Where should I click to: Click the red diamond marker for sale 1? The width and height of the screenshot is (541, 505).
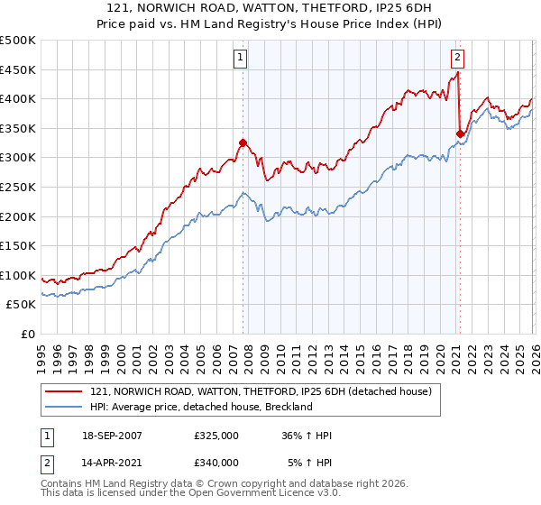coord(243,142)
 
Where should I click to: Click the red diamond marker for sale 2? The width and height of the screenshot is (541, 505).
coord(460,134)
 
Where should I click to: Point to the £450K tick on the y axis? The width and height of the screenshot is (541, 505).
coord(18,70)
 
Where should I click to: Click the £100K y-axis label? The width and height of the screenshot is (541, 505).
coord(18,276)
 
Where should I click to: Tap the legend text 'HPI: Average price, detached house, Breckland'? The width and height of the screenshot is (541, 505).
coord(201,407)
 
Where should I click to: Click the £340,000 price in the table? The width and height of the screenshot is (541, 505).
coord(216,463)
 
